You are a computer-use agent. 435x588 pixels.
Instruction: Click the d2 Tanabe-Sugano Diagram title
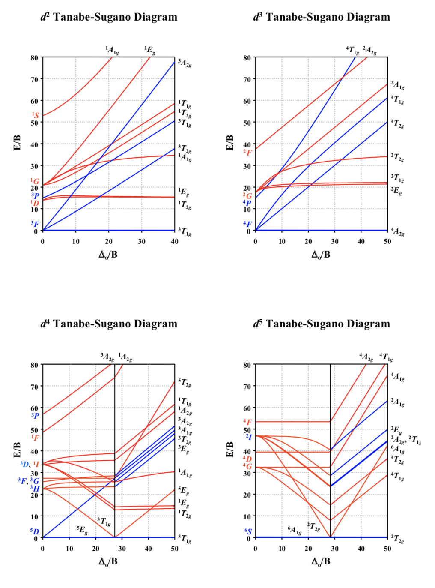109,17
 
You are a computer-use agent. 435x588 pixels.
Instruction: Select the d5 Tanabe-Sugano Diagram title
322,324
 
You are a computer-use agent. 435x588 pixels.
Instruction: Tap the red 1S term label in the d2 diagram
35,115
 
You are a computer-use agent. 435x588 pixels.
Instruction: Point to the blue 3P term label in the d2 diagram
35,196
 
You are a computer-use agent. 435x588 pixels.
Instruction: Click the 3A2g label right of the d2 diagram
185,63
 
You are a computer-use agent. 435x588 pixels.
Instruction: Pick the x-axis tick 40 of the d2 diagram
175,241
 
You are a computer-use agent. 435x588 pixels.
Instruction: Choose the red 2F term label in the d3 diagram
247,153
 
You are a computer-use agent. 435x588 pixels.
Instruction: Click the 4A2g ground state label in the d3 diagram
397,231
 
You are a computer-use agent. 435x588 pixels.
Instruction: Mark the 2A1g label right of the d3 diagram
397,85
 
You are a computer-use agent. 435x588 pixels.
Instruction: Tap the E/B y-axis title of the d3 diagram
230,142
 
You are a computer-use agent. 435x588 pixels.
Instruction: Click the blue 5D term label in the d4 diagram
35,531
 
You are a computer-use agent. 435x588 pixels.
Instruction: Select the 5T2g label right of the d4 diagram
185,383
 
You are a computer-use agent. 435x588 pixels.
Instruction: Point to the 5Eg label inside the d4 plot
82,530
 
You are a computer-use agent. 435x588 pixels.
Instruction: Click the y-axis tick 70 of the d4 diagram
34,387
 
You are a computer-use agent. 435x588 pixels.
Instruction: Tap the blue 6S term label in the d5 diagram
248,531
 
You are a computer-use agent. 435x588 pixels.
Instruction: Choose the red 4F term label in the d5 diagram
247,422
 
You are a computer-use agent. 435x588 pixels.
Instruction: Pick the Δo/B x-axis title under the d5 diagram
321,561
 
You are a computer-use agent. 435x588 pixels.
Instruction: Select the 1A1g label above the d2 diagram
112,50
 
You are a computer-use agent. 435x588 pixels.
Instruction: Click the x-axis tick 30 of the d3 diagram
335,241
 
